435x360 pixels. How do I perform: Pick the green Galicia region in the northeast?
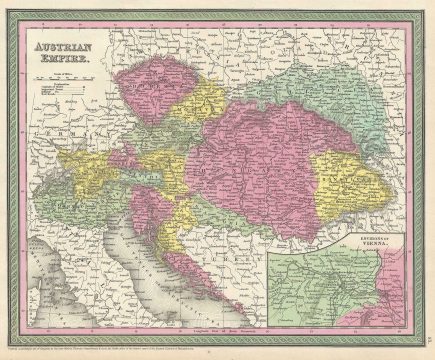300,90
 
